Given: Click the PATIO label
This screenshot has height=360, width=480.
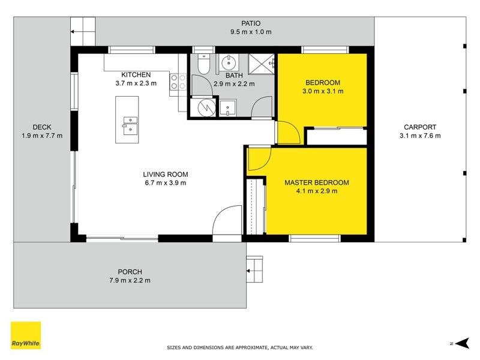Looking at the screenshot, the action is [251, 23].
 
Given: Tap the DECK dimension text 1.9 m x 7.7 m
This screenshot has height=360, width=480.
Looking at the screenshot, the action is [42, 136].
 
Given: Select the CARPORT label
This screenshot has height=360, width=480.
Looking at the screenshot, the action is [420, 127].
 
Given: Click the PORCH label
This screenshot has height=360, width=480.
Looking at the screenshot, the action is [130, 272].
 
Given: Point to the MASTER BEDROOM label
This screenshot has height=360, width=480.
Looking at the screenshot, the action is [317, 182].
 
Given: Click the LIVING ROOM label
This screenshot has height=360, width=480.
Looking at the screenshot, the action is [166, 175].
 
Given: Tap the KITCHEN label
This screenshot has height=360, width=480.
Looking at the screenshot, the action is [136, 74].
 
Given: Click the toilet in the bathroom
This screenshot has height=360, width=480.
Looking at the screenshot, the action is [203, 64].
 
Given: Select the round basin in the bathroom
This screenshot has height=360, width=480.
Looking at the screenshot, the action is [228, 63].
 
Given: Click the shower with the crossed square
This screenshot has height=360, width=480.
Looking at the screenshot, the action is [261, 64].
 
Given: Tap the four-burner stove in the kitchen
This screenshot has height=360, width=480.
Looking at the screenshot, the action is [178, 82].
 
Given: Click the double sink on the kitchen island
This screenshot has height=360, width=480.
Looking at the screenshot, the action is [130, 125].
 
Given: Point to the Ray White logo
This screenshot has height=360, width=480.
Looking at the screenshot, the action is [26, 335].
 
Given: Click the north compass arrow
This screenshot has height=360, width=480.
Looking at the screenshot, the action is [462, 343].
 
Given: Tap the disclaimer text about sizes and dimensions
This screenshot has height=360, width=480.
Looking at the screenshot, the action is [239, 347].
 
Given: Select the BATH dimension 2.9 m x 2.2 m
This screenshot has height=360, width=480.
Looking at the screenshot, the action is [234, 84].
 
